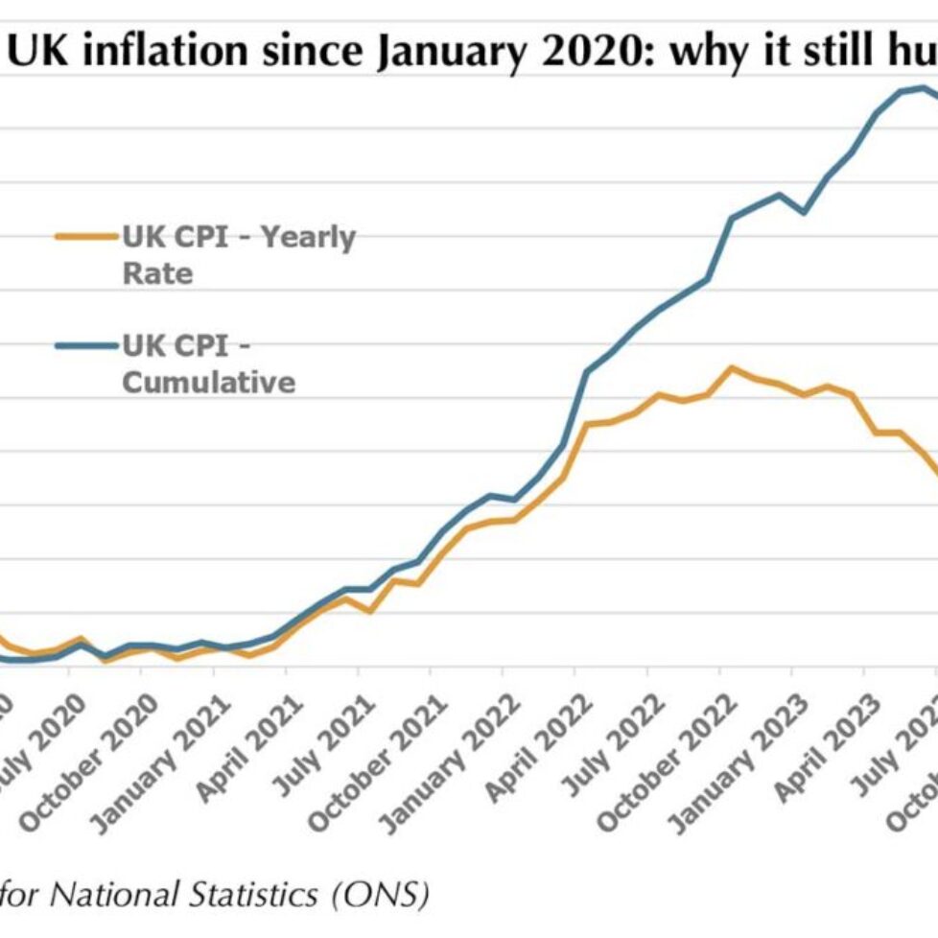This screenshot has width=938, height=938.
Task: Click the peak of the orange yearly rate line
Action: click(x=732, y=367)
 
